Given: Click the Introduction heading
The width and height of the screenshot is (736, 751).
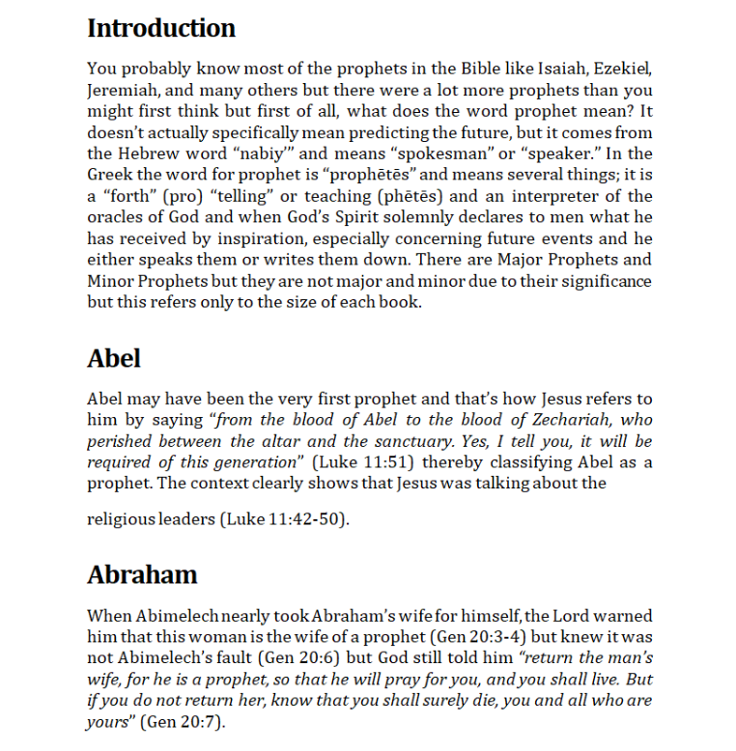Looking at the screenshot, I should tap(161, 28).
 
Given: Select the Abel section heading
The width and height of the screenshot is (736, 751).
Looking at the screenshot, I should tap(114, 358).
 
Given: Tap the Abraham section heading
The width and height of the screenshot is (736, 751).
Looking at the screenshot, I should tap(142, 574).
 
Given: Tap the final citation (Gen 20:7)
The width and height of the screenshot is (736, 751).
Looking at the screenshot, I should tap(183, 722).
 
